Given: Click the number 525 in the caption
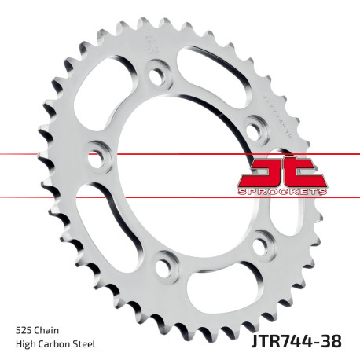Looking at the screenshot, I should click(24, 330).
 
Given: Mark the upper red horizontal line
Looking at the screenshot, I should click(47, 151).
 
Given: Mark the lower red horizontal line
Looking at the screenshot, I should click(47, 196).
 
